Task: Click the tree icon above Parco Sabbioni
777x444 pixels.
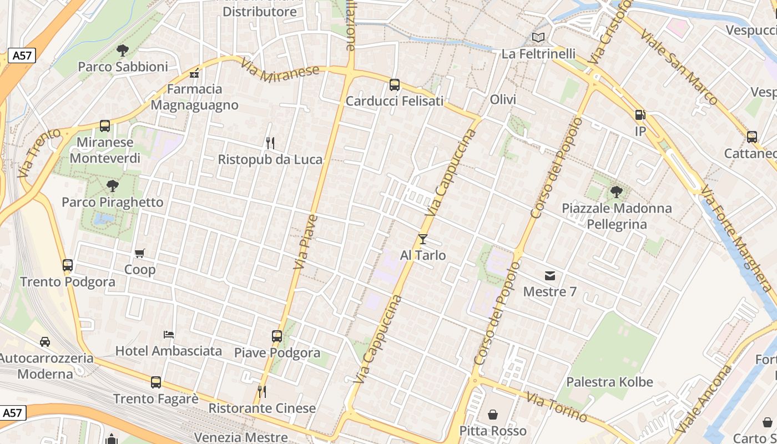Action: [x=123, y=51]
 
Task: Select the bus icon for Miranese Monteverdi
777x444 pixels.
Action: [x=105, y=126]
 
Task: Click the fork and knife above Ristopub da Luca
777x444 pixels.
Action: [x=270, y=143]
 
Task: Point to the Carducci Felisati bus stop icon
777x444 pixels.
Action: [x=395, y=85]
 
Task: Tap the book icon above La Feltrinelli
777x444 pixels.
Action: [x=538, y=38]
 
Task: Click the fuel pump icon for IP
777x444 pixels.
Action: [x=640, y=115]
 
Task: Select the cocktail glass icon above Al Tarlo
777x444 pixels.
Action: [x=423, y=239]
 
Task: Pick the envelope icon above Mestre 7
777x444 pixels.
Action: [x=550, y=275]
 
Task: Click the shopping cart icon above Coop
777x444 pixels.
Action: [x=140, y=254]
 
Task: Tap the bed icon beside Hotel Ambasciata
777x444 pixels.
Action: [x=169, y=334]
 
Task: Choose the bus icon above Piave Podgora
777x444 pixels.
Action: [x=277, y=336]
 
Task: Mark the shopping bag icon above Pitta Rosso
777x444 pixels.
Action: [x=493, y=415]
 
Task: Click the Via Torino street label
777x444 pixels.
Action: [x=557, y=407]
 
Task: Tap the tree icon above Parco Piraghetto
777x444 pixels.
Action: [x=113, y=186]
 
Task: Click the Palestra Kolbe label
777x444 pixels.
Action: [x=609, y=382]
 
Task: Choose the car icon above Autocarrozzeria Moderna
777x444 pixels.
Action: [x=45, y=341]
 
